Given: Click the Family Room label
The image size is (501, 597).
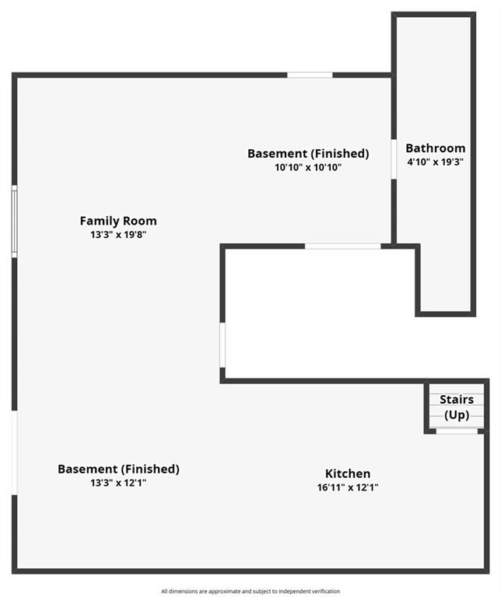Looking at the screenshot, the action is point(118,221).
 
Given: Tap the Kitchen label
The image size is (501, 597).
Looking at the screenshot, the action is point(348,473).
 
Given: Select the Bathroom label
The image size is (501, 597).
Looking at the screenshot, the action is point(435,148).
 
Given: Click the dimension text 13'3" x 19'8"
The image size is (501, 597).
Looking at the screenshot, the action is point(118,235).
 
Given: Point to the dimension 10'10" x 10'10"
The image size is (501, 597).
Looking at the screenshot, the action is point(308,167).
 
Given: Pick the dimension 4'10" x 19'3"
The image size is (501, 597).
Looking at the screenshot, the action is point(435,162).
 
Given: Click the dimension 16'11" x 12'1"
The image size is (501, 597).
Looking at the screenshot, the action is point(348,487).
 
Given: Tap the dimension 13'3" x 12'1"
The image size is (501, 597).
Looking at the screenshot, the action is point(118,483).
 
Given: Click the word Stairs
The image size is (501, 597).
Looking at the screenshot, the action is point(457,400).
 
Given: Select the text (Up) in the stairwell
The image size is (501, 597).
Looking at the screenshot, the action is point(457,414).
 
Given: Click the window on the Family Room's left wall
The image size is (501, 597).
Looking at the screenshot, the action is point(15,222).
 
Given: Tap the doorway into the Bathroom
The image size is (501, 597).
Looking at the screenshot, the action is point(394,159).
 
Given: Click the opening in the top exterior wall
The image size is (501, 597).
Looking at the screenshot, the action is point(310,75).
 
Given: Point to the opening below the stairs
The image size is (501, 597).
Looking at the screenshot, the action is point(457,431).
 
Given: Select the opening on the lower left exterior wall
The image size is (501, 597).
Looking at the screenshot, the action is point(15,452).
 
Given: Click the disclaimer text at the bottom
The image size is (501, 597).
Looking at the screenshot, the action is point(250,592).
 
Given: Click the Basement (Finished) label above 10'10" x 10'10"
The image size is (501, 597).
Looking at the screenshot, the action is point(308,153).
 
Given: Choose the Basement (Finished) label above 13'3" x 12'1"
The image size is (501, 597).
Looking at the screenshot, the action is point(118,469).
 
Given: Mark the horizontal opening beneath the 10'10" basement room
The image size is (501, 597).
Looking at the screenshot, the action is point(343,246).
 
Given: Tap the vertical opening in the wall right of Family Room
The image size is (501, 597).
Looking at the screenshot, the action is point(222,345).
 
